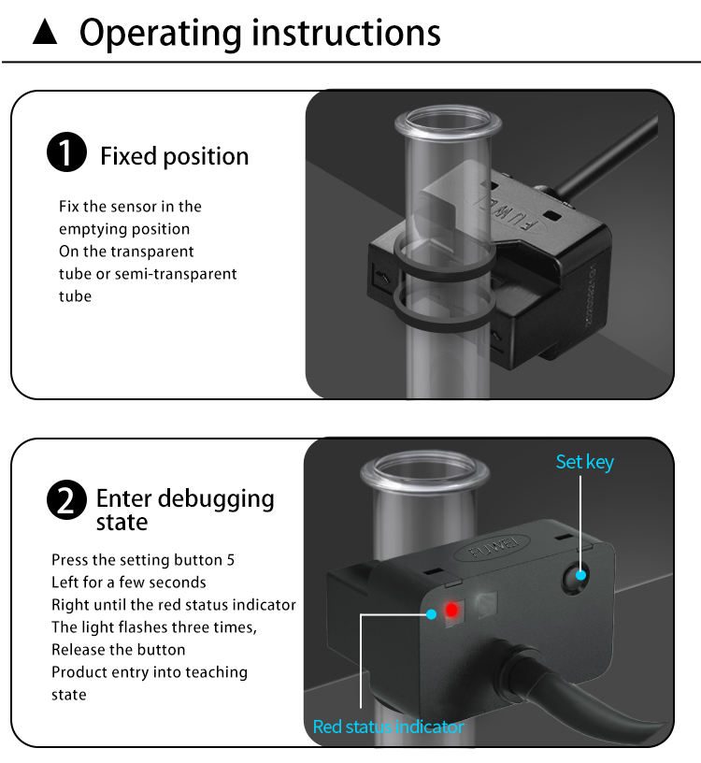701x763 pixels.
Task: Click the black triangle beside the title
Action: (x=46, y=35)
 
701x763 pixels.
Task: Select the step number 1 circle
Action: (x=66, y=154)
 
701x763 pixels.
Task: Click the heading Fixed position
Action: (x=175, y=155)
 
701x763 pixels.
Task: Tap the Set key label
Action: (x=585, y=461)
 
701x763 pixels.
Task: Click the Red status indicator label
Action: (x=388, y=727)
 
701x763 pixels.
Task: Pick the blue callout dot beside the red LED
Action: (x=432, y=614)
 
